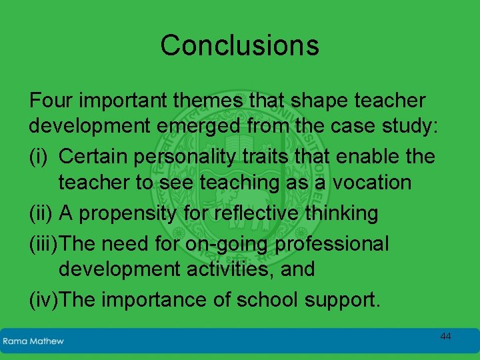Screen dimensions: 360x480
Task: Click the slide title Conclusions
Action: pos(239,45)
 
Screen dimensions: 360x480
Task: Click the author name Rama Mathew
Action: pos(33,341)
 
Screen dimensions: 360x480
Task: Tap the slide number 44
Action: pos(445,337)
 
